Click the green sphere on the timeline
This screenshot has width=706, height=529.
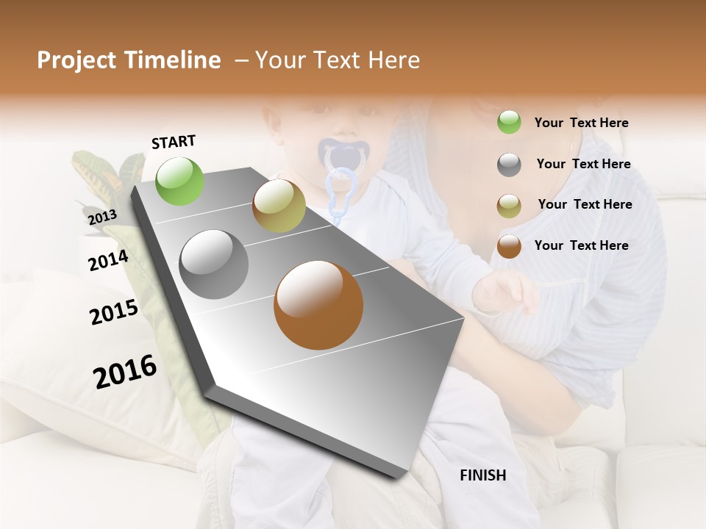click(x=180, y=181)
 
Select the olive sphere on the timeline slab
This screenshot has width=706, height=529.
click(x=279, y=206)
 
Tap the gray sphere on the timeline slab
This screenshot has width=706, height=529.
click(x=214, y=264)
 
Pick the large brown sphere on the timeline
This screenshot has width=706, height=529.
click(x=318, y=305)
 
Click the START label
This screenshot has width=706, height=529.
click(x=174, y=142)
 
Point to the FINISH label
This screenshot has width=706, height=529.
click(x=483, y=475)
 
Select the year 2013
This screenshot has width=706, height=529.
click(x=102, y=217)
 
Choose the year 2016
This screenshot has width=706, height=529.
click(x=125, y=372)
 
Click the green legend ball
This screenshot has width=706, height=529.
click(x=509, y=123)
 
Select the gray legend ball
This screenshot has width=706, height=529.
click(x=509, y=165)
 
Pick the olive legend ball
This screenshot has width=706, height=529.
click(x=509, y=205)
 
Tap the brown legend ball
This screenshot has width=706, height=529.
click(x=509, y=246)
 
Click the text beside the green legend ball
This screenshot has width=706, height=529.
click(x=581, y=123)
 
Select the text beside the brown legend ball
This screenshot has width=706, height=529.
click(x=581, y=245)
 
